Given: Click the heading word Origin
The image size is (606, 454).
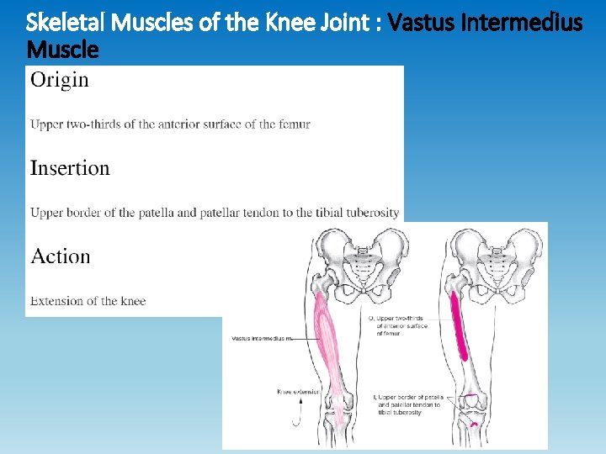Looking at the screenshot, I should pyautogui.click(x=59, y=81).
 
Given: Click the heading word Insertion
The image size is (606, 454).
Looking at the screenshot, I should pyautogui.click(x=70, y=168).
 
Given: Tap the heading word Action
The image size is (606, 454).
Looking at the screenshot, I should pyautogui.click(x=60, y=256).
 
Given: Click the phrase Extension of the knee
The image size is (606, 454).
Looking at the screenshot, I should pyautogui.click(x=88, y=301).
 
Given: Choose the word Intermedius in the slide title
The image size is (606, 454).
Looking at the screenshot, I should pyautogui.click(x=521, y=22).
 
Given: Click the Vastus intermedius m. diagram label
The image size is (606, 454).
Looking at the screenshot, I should pyautogui.click(x=260, y=339).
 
